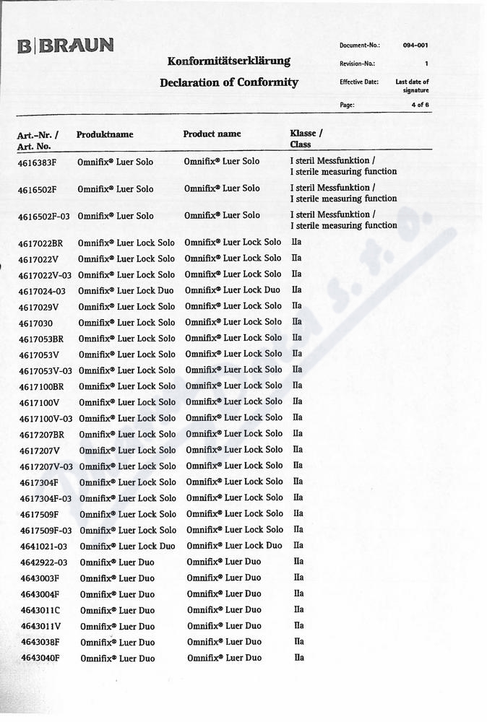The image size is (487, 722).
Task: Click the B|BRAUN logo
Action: point(65,46)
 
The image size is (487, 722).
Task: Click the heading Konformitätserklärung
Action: point(228,61)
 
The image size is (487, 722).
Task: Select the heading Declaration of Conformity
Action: point(228,82)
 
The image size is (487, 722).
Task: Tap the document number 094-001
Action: point(415,45)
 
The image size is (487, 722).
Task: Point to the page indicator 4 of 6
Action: point(419,105)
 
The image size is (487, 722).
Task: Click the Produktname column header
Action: point(105,134)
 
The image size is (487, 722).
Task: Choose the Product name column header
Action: point(212,134)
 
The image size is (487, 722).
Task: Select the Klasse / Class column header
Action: point(306,139)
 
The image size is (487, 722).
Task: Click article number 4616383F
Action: point(37,163)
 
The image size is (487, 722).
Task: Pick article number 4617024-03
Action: point(42,291)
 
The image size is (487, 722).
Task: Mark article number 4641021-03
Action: point(43,547)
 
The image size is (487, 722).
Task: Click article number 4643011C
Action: point(40,610)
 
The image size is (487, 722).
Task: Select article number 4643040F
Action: point(40,658)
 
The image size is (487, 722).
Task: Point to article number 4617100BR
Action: point(42,386)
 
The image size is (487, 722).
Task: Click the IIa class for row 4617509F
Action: point(298,513)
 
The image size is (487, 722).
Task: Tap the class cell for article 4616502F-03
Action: point(343,220)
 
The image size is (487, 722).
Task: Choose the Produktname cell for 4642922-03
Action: point(117,562)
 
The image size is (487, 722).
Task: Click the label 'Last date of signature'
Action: point(412,86)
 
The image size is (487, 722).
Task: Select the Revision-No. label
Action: point(357,64)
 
